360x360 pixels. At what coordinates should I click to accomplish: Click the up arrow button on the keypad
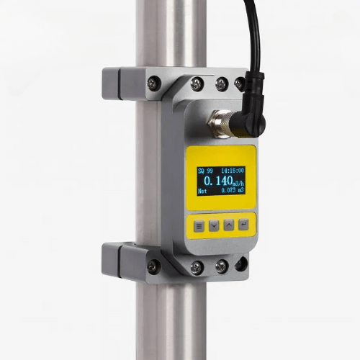(229, 225)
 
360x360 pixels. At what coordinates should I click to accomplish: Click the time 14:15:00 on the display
(230, 171)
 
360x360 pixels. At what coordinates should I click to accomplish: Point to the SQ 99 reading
(205, 171)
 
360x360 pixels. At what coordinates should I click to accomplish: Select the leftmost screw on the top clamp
(153, 84)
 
